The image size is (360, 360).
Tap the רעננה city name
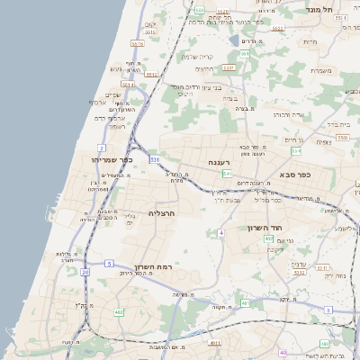(x=220, y=162)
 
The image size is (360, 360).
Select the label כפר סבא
(x=294, y=174)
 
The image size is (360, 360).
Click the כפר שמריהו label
(x=112, y=159)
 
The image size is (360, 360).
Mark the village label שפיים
(x=112, y=94)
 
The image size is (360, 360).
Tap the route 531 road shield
(x=155, y=159)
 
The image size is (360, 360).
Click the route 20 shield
(x=85, y=271)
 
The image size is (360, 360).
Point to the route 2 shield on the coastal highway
(x=102, y=147)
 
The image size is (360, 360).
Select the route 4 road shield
(x=220, y=233)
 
